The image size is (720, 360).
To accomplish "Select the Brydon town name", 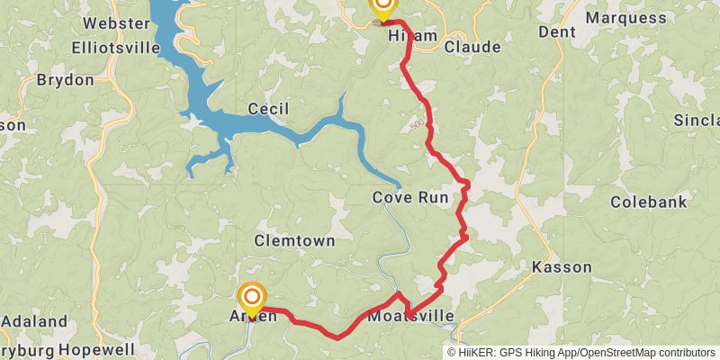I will pos(65,80).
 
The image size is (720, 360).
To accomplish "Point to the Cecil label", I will pos(268,109).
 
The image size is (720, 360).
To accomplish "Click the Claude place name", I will pos(472,46).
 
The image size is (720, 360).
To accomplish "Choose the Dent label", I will pos(556,31).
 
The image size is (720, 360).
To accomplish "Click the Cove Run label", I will pos(411,197).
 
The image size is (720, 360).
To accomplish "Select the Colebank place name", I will pos(648,202).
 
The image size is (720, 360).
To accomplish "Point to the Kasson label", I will pos(562,267).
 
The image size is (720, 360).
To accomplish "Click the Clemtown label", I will pos(293,241).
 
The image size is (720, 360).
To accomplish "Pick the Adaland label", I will pos(34,321).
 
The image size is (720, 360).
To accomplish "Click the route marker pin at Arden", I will pos(253,297).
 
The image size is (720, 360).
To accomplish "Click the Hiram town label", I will pos(412,36).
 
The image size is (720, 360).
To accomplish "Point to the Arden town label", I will pos(253,316).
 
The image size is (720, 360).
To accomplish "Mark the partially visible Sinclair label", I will pos(697,120).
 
